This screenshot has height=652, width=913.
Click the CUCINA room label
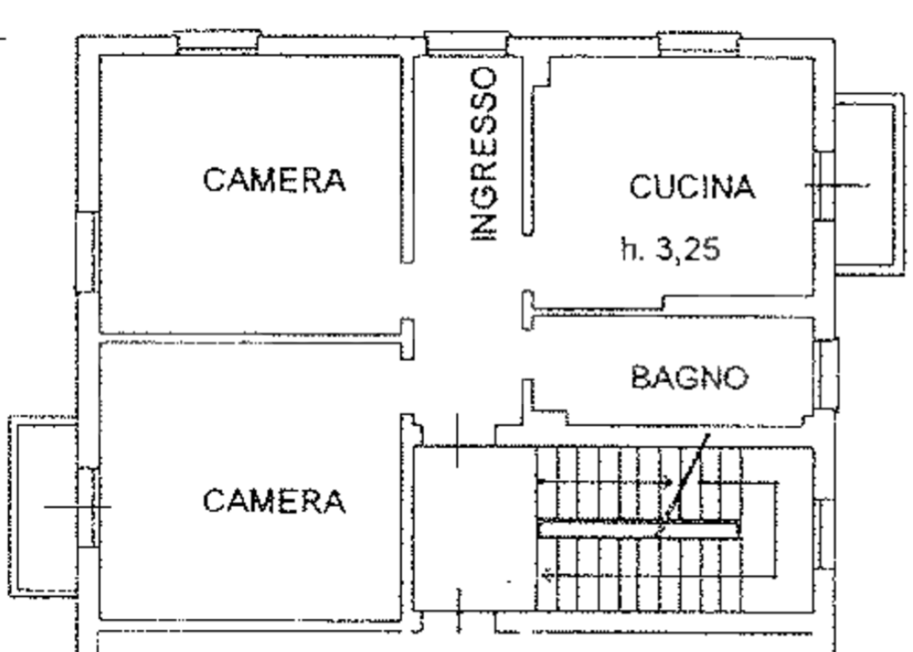[x=691, y=187]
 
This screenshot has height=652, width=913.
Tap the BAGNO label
[x=690, y=377]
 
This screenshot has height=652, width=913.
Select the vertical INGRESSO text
[x=484, y=153]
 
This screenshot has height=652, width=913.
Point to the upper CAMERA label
[x=274, y=179]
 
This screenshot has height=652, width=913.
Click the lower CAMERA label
[x=274, y=500]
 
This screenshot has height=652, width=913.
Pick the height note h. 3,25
[x=670, y=248]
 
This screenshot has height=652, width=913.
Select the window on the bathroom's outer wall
[x=825, y=374]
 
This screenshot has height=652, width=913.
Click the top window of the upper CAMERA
[x=218, y=41]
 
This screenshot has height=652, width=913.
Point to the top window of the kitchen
[x=699, y=42]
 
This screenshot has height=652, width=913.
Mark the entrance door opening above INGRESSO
[x=467, y=43]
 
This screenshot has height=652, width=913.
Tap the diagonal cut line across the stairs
[x=686, y=480]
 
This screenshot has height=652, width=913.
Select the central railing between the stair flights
[x=637, y=527]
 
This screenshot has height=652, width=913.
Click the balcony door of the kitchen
[x=824, y=185]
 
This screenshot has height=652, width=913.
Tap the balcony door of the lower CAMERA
[x=87, y=506]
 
